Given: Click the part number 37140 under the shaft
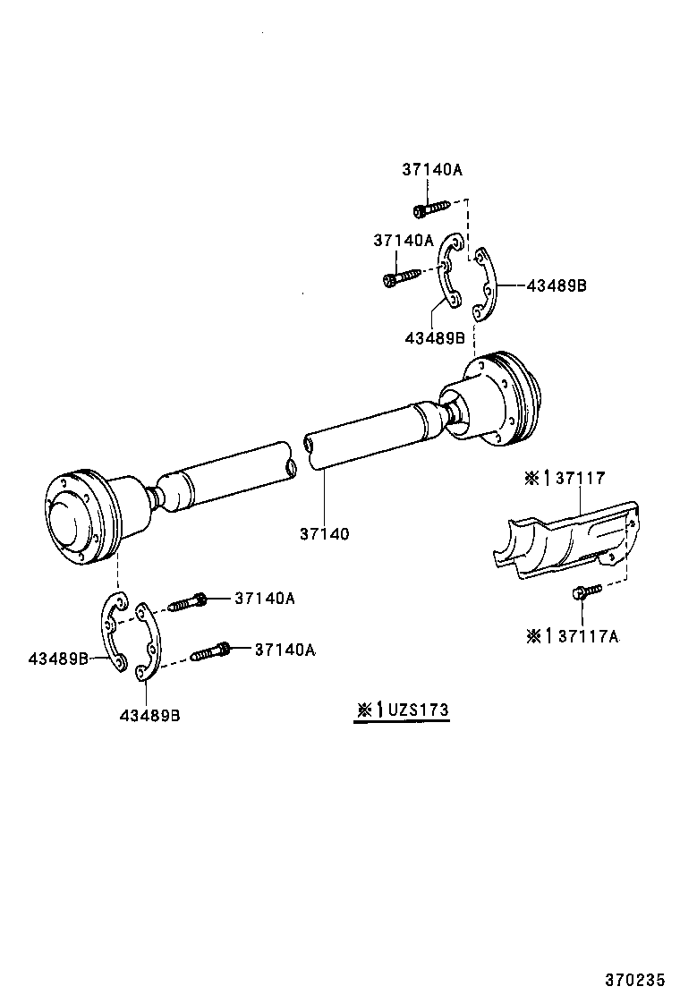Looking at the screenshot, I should click(x=324, y=534).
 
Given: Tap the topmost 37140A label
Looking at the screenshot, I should click(x=431, y=169).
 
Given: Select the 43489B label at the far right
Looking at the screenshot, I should click(x=556, y=286).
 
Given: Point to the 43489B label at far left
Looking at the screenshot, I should click(x=58, y=659).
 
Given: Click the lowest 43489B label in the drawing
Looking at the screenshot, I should click(x=149, y=715).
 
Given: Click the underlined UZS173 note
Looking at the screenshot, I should click(x=402, y=710).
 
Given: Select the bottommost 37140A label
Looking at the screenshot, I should click(x=285, y=651).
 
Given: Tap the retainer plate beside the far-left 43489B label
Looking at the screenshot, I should click(x=110, y=630).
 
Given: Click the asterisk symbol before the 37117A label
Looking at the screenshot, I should click(x=533, y=636).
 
